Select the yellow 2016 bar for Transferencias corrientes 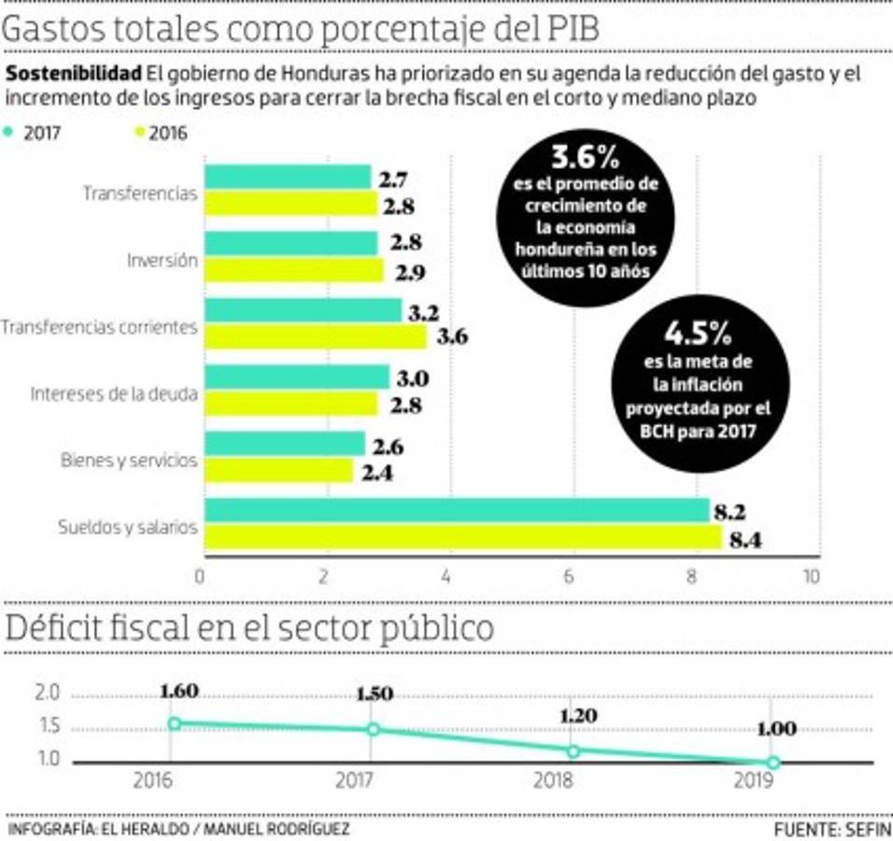click(x=316, y=337)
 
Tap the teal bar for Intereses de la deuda click(x=297, y=378)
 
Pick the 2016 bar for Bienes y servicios click(x=279, y=471)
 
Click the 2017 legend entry click(x=35, y=133)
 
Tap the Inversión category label click(x=163, y=262)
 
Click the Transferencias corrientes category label click(x=99, y=328)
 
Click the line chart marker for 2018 click(x=573, y=750)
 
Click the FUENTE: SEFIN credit click(x=831, y=829)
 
